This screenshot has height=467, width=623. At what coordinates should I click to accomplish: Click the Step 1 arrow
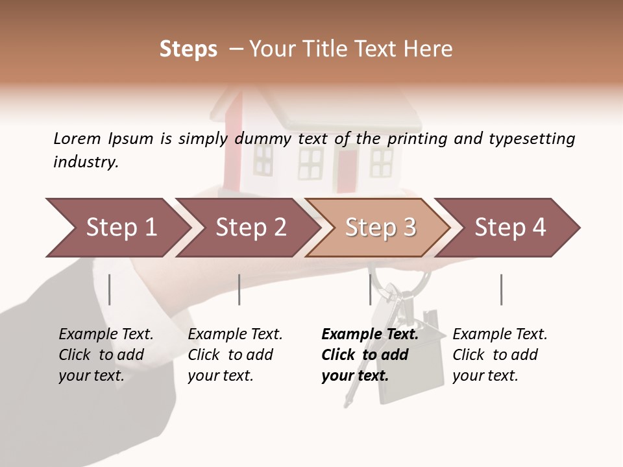pos(117,228)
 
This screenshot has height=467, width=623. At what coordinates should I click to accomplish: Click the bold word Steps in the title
pos(188,49)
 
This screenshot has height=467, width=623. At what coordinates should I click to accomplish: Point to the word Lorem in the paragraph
pos(77,139)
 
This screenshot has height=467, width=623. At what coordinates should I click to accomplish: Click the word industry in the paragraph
pos(86,162)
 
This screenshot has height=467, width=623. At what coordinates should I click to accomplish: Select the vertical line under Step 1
pos(110,289)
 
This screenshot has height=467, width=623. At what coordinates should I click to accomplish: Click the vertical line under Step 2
pos(239,289)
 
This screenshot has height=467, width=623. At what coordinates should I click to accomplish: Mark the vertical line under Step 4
pos(501,289)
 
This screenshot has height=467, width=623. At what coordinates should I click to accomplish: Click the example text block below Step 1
pos(106,355)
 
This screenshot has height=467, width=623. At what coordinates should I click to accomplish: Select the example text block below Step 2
pos(235,355)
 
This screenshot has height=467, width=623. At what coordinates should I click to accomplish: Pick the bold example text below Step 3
pos(369,355)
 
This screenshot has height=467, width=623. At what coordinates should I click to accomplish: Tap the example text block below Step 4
pos(500,355)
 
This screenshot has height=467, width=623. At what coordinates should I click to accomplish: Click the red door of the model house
pos(347,171)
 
